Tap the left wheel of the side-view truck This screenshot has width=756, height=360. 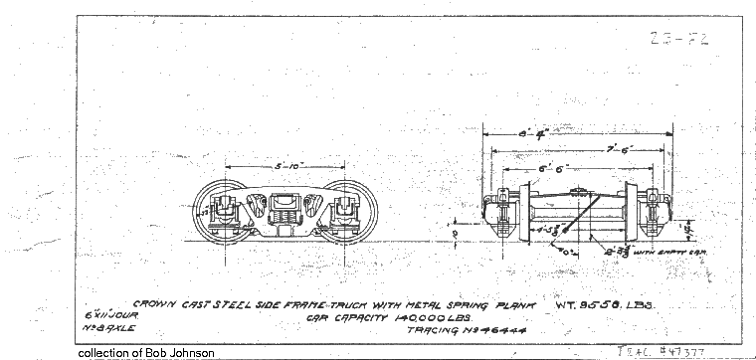223,210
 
